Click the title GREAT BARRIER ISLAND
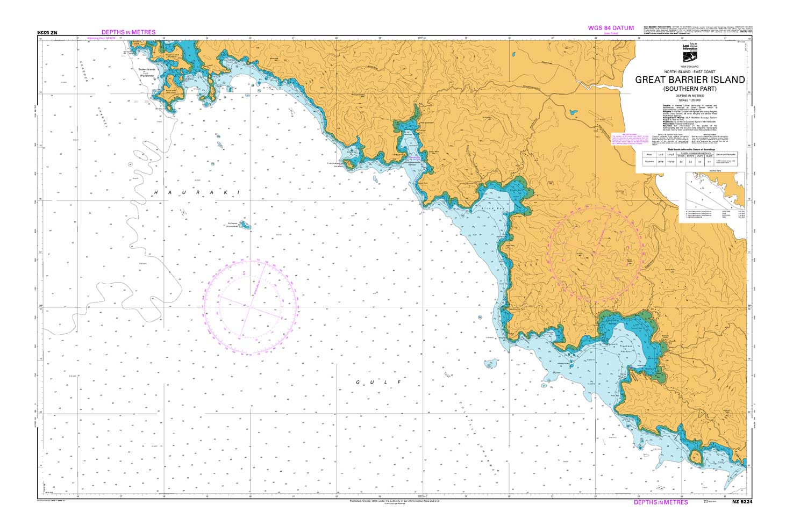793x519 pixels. click(690, 80)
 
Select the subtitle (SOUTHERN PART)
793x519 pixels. click(690, 88)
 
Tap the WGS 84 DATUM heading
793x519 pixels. click(611, 28)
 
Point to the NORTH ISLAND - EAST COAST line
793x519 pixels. click(690, 71)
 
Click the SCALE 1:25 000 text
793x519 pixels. click(690, 99)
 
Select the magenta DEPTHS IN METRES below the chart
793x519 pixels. click(661, 502)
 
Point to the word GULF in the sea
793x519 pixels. click(378, 382)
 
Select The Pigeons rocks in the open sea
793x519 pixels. click(244, 225)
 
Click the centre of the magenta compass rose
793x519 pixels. click(251, 307)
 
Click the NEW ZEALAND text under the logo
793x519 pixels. click(690, 66)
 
